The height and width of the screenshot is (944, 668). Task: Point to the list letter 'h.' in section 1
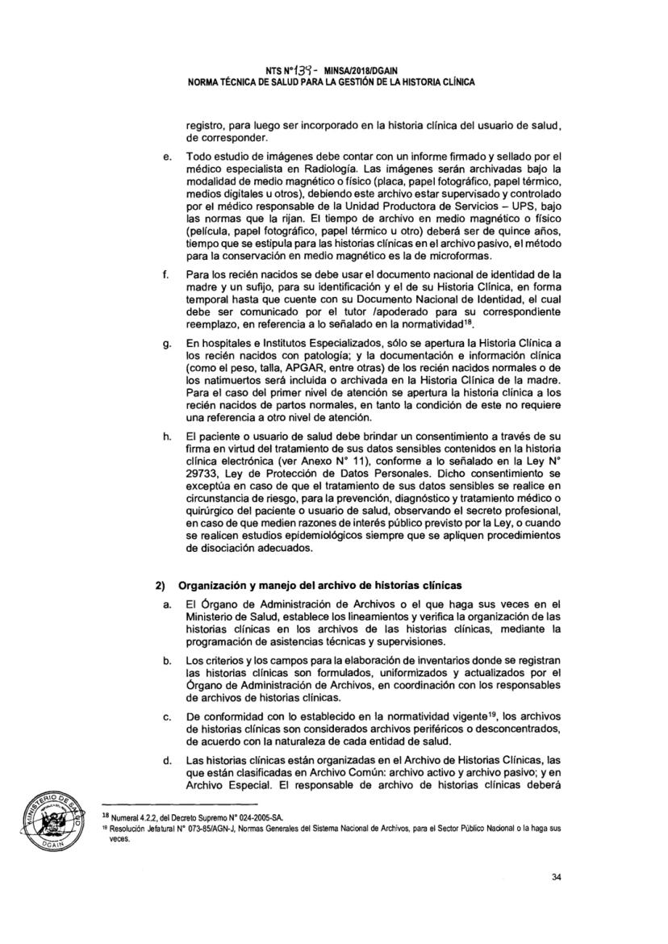[166, 437]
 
